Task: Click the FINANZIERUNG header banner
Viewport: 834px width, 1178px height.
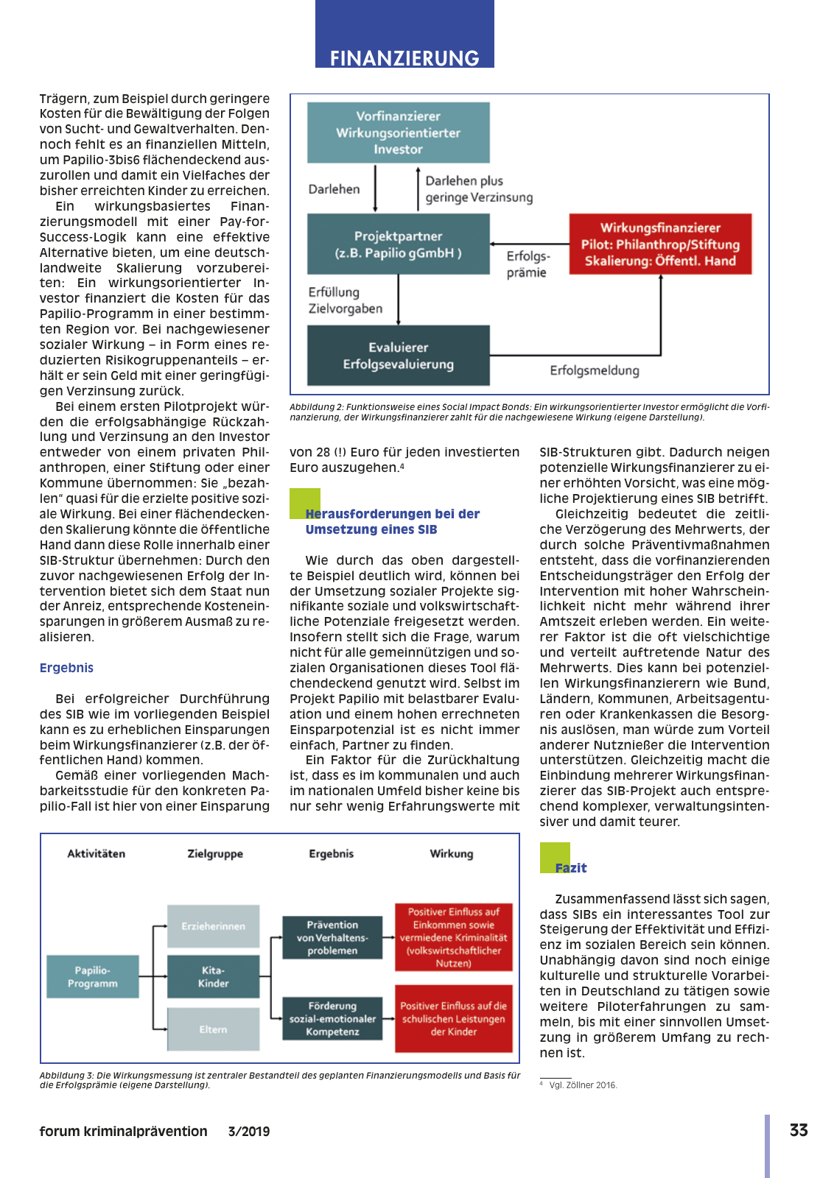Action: pos(404,57)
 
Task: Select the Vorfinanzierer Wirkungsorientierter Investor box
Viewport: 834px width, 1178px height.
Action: pos(398,133)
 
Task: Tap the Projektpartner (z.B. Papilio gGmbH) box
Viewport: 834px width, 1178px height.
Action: pos(398,244)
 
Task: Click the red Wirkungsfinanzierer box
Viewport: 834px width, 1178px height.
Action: pos(660,244)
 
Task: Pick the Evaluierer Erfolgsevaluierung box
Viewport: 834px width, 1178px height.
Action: pos(398,356)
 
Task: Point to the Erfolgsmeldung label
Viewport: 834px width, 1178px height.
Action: pos(595,370)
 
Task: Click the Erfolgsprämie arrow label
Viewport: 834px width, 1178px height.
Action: pos(528,264)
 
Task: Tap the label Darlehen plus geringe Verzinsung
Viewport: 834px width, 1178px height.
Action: pos(478,189)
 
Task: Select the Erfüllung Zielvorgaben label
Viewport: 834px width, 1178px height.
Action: pos(345,300)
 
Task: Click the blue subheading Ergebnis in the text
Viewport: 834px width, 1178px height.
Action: pos(66,668)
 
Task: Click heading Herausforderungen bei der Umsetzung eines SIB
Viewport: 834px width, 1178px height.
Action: pos(392,521)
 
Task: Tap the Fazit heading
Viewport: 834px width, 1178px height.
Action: pos(571,868)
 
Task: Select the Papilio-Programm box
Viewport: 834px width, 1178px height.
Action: pos(93,977)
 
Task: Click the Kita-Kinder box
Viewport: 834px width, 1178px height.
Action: pos(214,977)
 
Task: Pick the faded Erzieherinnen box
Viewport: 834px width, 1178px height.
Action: pos(214,926)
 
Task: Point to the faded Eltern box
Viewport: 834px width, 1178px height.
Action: pos(214,1029)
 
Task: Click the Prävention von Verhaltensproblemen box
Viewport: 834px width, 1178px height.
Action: pos(332,937)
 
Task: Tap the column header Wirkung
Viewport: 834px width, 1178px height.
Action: pos(452,854)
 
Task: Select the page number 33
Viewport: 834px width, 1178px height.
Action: pos(799,1130)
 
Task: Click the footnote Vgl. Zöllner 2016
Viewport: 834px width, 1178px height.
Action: pos(583,1085)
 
